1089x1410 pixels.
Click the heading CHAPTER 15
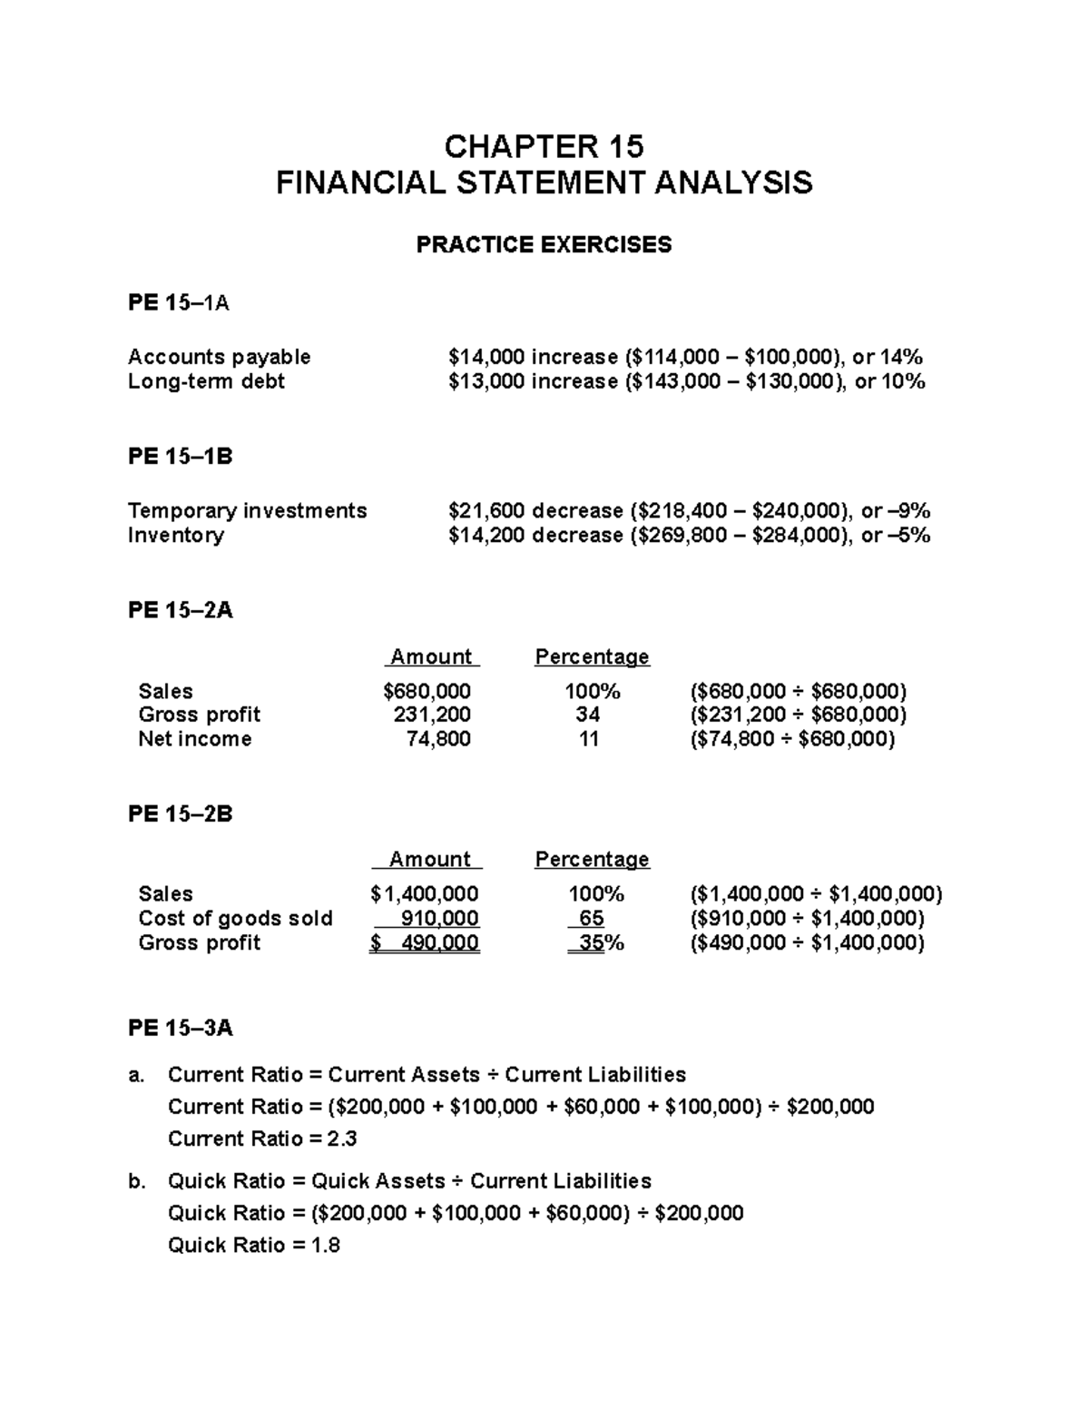pos(544,146)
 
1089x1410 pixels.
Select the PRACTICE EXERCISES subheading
pos(544,245)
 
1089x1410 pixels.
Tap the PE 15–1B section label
pos(181,457)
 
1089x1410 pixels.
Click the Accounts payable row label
pos(220,357)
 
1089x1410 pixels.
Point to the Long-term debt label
pos(207,381)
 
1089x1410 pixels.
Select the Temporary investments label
pos(248,511)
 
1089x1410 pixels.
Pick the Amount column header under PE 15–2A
pos(431,656)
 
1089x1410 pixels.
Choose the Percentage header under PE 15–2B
pos(592,859)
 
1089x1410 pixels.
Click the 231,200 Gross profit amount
pos(432,715)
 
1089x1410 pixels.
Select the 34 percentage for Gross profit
pos(588,715)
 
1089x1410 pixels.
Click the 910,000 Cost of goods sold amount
pos(439,918)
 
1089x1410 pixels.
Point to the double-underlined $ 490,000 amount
pos(425,943)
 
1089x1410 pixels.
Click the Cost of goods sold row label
pos(235,918)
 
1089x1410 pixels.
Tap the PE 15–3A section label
pos(181,1028)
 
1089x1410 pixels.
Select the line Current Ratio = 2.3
pos(262,1139)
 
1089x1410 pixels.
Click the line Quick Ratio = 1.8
pos(254,1245)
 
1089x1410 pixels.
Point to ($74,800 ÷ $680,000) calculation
pos(793,739)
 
